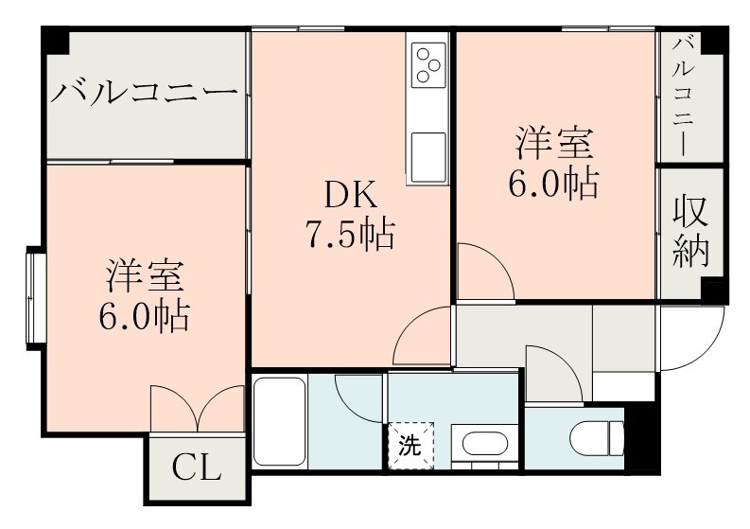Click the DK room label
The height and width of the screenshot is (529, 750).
[351, 196]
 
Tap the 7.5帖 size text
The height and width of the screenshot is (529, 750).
[349, 234]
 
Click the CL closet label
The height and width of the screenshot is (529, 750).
[196, 467]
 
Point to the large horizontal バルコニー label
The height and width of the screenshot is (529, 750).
[144, 94]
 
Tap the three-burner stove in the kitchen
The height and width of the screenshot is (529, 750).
[427, 62]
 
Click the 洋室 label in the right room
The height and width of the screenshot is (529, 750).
[554, 145]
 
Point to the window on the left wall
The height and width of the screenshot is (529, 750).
[35, 295]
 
